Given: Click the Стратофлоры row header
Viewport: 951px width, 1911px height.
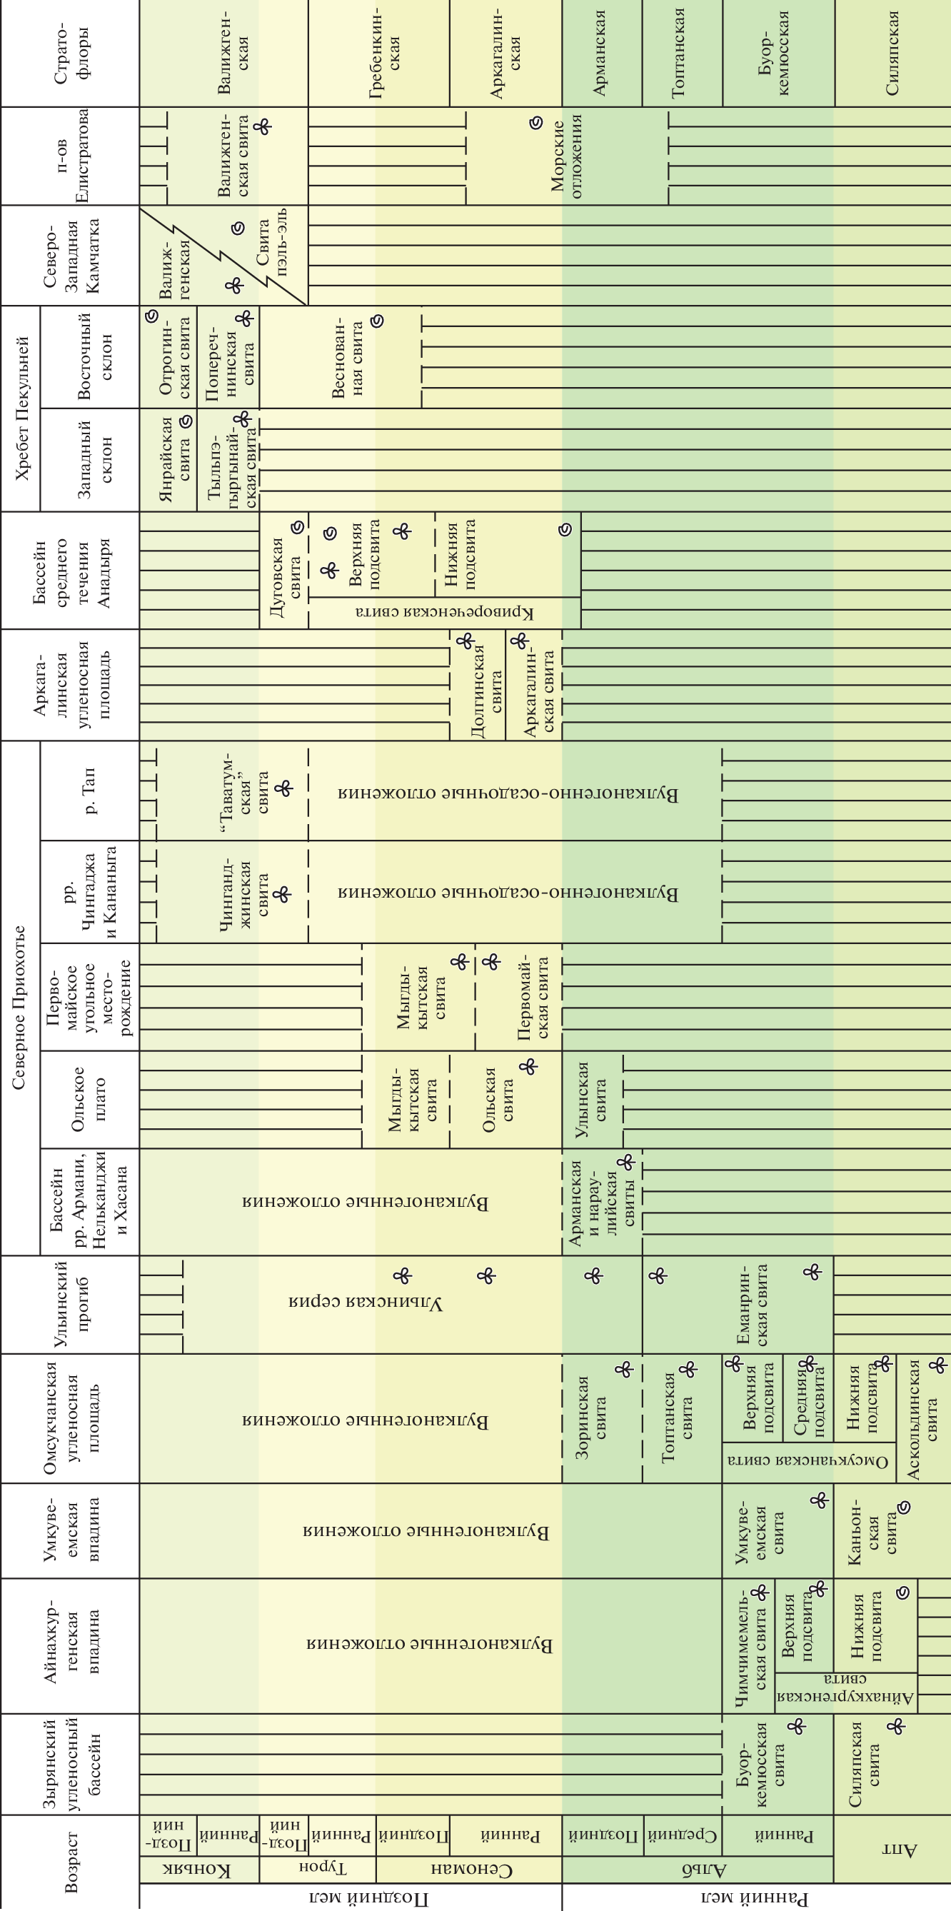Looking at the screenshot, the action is click(x=70, y=54).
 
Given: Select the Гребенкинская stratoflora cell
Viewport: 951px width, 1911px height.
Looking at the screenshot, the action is click(x=378, y=54).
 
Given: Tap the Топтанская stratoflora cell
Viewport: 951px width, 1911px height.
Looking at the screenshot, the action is click(x=682, y=54).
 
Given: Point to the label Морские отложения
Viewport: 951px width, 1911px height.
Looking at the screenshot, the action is click(x=567, y=155).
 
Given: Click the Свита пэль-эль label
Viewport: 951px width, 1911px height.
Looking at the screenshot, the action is click(x=271, y=242).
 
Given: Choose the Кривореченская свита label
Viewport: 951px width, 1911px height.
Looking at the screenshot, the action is click(x=444, y=613).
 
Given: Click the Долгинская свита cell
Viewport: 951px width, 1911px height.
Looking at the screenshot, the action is click(x=478, y=684).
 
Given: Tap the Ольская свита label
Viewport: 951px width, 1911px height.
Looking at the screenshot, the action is click(x=498, y=1100).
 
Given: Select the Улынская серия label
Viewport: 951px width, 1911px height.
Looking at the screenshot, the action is click(x=366, y=1303).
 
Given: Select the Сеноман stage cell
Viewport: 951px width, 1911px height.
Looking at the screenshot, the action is click(x=469, y=1869).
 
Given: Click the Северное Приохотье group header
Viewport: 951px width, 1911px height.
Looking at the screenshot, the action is click(x=20, y=1008).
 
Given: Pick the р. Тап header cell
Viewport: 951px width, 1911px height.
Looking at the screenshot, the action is click(x=89, y=790).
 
